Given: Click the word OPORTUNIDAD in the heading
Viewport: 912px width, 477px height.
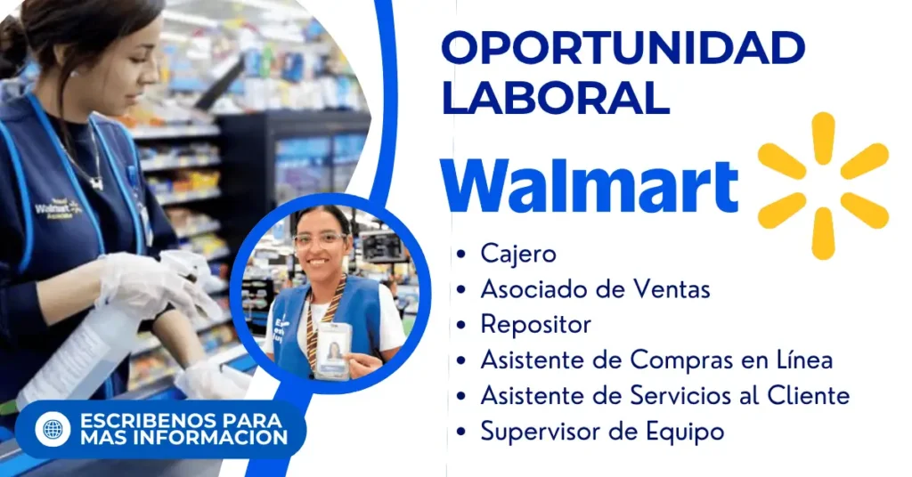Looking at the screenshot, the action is tap(623, 48).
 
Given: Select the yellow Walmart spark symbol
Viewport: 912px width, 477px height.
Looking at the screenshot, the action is tap(823, 185).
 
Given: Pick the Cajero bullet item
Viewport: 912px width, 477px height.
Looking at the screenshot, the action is tap(518, 254).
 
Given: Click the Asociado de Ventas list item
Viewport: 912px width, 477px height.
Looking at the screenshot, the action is tap(595, 288).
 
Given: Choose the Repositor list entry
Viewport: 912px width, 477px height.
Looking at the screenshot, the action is tap(535, 326).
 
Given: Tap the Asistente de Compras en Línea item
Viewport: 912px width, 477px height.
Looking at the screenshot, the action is tap(656, 360).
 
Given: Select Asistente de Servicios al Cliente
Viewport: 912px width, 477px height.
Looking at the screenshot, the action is tap(664, 395).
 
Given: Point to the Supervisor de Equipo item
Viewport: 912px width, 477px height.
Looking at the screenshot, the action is tap(602, 432).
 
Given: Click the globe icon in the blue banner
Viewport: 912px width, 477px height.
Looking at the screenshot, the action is tap(53, 429).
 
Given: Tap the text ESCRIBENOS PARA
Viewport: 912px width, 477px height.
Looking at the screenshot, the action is tap(181, 420).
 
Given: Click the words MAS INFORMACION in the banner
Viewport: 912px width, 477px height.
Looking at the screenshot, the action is tap(183, 438).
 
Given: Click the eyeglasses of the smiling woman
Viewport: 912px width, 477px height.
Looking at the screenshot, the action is tap(320, 240).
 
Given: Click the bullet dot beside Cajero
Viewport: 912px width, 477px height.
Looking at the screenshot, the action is tap(461, 254).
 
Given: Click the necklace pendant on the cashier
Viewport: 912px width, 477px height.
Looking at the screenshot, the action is tap(96, 183).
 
